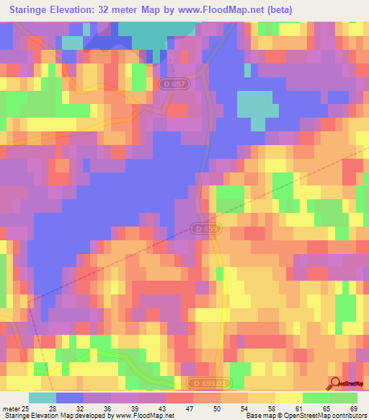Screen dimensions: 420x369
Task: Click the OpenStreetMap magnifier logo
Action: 335,383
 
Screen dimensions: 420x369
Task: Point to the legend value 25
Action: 25,409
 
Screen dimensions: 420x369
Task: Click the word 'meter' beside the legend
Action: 9,409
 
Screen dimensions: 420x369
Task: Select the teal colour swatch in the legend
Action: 43,398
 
